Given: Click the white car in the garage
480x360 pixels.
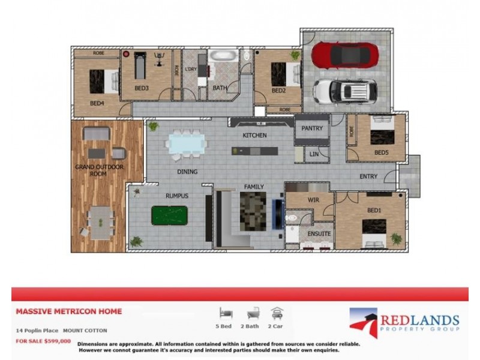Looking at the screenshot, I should point(345,91).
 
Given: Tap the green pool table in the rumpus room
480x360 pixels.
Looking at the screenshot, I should point(169,214).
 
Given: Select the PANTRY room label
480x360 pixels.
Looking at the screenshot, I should point(312,128).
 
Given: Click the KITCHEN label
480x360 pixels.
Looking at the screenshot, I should point(254,136).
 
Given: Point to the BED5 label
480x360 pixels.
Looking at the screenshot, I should point(382,152).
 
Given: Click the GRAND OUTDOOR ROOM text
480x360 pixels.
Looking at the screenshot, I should point(99,171).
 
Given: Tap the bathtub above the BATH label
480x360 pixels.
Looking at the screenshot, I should point(223,58).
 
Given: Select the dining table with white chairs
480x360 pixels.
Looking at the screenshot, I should point(186,144).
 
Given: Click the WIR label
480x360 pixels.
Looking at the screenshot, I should point(312,200).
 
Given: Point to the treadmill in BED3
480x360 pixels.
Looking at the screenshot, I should point(140,66).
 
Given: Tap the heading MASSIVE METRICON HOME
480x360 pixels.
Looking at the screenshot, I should point(68,311).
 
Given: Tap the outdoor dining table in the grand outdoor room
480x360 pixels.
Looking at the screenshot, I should point(101,222).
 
